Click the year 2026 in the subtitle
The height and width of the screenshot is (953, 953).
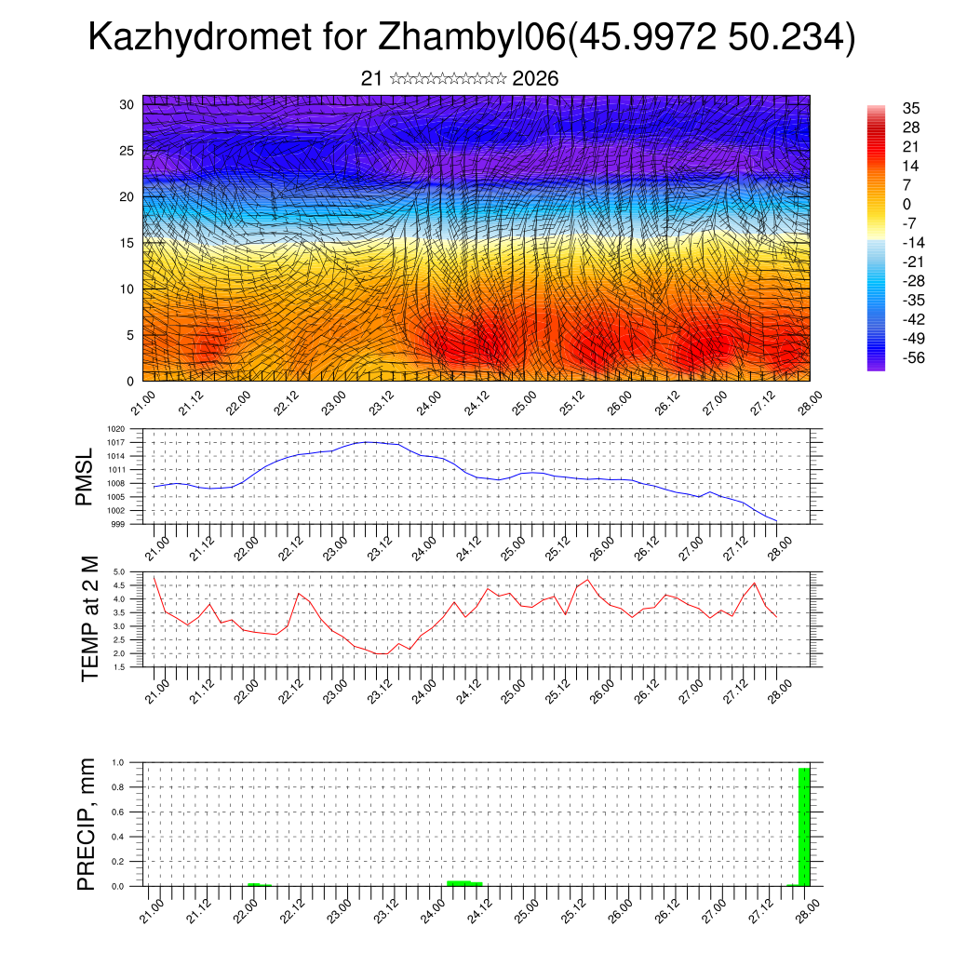(535, 79)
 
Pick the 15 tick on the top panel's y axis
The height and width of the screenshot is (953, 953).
(128, 243)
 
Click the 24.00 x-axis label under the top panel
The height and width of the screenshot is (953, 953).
(429, 402)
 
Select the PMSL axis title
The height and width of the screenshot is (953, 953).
(86, 478)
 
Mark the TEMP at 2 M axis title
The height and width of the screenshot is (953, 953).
(89, 619)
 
